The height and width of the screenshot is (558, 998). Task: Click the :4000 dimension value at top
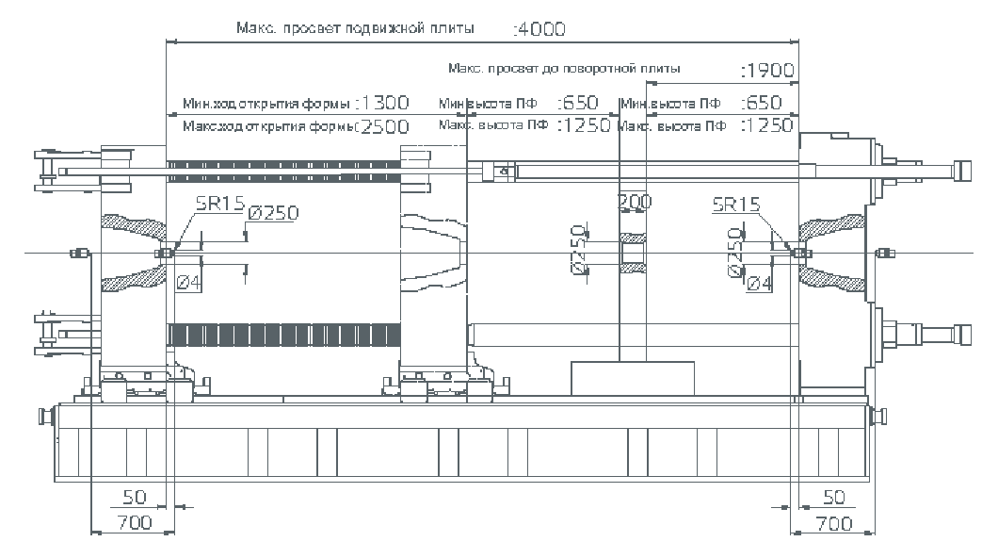pos(540,29)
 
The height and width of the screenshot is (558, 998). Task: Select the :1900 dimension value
pos(768,70)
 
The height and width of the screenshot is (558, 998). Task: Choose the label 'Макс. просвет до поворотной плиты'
pos(564,69)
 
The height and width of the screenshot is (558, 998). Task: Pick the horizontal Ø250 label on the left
pos(273,213)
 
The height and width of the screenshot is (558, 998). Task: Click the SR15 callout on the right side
pos(736,203)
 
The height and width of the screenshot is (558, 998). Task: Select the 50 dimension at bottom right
pos(833,497)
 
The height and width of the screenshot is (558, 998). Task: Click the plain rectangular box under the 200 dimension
pos(633,376)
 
